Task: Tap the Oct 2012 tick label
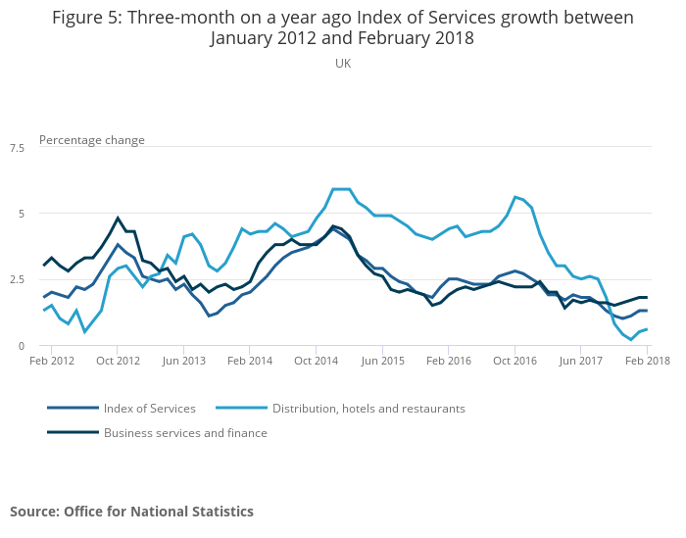pos(118,361)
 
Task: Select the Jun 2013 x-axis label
pos(183,361)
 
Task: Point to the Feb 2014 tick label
pos(249,361)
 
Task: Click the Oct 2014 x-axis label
pos(316,361)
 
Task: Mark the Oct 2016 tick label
pos(514,361)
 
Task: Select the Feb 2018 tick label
pos(648,361)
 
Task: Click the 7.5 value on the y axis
pos(18,148)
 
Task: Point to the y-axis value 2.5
pos(18,280)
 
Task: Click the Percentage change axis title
pos(92,140)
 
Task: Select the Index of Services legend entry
pos(150,409)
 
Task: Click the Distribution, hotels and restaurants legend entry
pos(368,409)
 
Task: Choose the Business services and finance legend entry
pos(185,433)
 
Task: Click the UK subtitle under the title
pos(343,63)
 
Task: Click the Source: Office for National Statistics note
pos(131,512)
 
